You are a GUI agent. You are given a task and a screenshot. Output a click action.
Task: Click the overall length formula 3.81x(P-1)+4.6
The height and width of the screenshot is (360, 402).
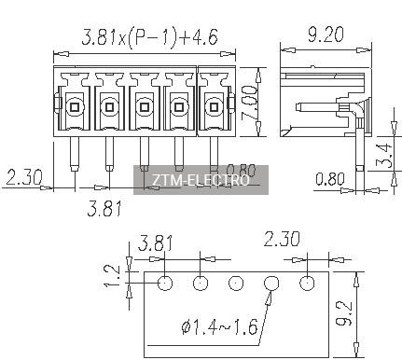click(149, 37)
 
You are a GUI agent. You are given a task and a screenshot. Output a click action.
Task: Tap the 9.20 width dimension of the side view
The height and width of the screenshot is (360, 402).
click(326, 35)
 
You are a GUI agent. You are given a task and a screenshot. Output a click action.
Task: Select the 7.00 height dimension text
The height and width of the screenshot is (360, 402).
click(249, 103)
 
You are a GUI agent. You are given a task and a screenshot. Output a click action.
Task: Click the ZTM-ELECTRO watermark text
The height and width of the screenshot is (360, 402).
click(201, 180)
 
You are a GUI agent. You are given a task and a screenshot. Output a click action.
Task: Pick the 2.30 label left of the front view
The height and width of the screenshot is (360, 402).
click(24, 177)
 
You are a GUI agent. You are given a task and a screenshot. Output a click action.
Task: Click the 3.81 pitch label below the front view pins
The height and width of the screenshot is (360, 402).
click(104, 208)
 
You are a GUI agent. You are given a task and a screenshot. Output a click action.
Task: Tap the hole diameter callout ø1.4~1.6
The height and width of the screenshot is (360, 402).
click(219, 326)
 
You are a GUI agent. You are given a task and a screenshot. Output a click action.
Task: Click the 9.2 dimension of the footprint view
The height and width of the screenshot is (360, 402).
click(345, 313)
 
